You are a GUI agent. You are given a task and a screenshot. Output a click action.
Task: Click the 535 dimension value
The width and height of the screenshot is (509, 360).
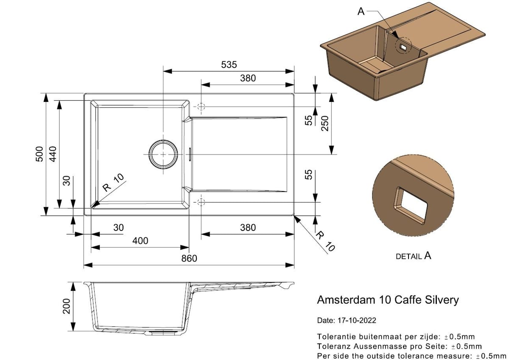tap(229, 65)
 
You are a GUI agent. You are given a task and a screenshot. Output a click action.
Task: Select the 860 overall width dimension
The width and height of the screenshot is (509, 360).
tap(189, 259)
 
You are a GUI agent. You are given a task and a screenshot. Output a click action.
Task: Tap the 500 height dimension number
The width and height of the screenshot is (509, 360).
tap(39, 154)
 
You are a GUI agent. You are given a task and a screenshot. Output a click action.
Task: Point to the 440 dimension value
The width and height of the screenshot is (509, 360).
tap(53, 154)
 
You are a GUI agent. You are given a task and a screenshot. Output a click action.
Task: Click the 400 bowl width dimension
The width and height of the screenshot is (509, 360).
tap(140, 241)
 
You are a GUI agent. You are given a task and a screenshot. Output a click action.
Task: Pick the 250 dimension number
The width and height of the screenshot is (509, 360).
tap(325, 124)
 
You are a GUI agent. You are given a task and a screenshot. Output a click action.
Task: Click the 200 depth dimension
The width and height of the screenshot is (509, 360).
tap(66, 307)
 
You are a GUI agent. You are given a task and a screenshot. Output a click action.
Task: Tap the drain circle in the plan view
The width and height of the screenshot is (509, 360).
tap(163, 155)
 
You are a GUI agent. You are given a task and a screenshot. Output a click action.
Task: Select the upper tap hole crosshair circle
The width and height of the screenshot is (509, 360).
tap(201, 107)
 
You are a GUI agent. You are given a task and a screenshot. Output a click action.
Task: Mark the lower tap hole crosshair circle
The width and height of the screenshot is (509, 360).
tap(201, 202)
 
